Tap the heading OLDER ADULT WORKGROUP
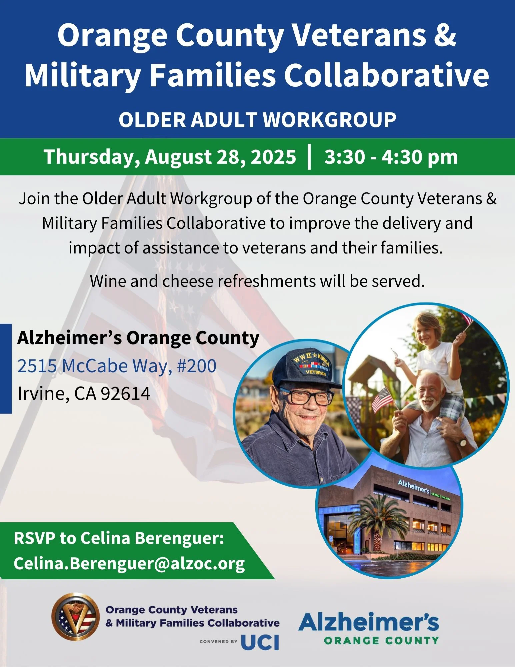[x=257, y=120]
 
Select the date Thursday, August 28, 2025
[x=170, y=156]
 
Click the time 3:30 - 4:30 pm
[x=391, y=156]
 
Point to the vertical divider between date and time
[x=310, y=156]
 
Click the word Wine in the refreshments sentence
[x=108, y=281]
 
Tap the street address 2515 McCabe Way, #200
[x=117, y=366]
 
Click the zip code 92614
[x=125, y=393]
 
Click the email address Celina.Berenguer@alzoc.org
[x=129, y=563]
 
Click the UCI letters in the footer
[x=260, y=642]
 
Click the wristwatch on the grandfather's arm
[x=463, y=443]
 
